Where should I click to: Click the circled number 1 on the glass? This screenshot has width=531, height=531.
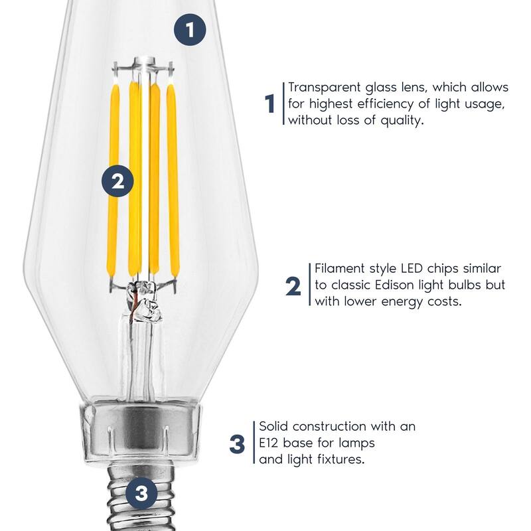point(190,29)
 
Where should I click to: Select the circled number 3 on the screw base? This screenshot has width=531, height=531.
point(141,493)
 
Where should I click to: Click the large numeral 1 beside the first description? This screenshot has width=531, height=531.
point(269,104)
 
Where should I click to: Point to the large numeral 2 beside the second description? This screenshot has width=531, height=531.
point(293,286)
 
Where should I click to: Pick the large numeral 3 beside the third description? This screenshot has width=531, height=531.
point(237,444)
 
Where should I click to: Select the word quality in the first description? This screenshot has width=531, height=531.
point(402,121)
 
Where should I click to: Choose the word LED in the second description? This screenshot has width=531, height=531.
point(412,269)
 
